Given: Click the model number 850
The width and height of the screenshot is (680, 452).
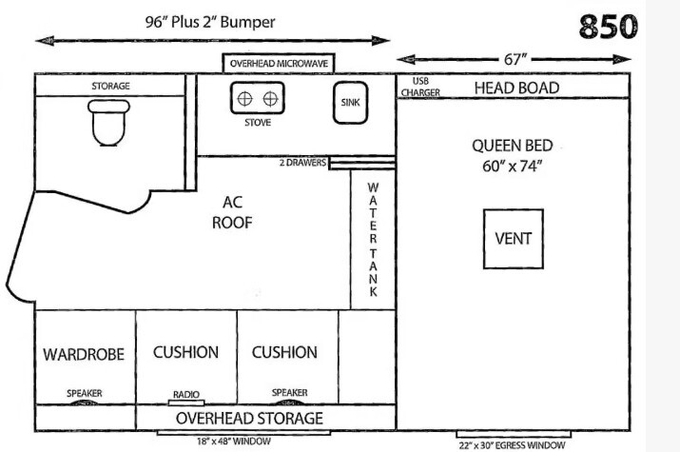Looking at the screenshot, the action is (608, 27).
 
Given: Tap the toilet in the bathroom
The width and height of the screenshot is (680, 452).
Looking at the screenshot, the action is (108, 123).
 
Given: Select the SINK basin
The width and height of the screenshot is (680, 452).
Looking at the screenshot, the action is (350, 103).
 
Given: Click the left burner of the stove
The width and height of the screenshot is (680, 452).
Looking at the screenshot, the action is (245, 99).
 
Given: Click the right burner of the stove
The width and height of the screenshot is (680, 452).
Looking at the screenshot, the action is (271, 99).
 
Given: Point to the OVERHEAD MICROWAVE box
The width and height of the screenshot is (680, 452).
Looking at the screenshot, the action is (279, 64).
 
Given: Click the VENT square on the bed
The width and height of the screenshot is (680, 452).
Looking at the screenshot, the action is (514, 239).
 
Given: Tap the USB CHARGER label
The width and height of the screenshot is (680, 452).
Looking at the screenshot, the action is (420, 87).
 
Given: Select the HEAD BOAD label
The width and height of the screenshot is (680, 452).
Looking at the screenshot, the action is (516, 88).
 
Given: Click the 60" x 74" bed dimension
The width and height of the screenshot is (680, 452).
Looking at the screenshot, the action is (513, 167).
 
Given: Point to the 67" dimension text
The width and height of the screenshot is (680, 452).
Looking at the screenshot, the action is (515, 59).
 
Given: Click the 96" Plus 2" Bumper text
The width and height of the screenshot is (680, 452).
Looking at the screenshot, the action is (210, 22).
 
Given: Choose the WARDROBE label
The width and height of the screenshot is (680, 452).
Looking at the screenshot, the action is (84, 354).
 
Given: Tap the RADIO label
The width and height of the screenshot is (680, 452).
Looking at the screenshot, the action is (186, 394).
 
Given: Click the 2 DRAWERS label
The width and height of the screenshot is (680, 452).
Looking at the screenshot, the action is (302, 163).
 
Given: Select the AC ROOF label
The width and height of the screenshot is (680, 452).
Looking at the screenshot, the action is (232, 212).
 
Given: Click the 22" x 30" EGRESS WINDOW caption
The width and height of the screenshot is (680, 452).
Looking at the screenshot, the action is (513, 445).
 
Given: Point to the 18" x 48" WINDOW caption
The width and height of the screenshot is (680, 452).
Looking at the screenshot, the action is (234, 442).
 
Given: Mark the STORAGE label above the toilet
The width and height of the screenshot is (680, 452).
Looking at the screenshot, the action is (110, 86).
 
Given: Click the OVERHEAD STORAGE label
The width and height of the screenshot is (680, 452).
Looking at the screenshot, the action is (249, 418).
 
